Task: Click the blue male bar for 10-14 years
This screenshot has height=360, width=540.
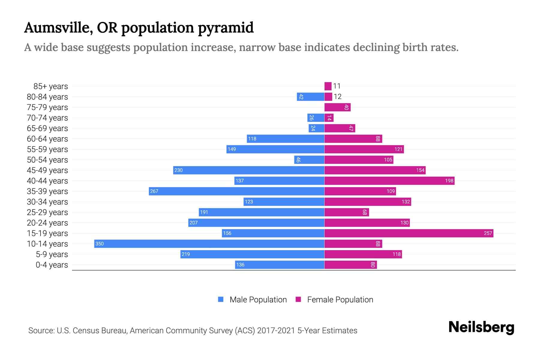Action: (x=209, y=244)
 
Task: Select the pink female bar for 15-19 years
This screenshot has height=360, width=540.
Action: (x=409, y=233)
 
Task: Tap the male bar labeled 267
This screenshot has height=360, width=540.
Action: (x=236, y=191)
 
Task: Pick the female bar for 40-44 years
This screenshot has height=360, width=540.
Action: (x=389, y=181)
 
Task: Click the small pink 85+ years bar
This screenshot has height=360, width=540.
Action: (x=328, y=86)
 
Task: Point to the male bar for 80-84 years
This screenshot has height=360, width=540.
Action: (x=310, y=97)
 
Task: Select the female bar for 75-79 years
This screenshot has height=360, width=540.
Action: (x=337, y=107)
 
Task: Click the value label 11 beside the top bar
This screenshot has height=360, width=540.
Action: (x=337, y=86)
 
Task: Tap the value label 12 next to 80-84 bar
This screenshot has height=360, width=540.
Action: (x=337, y=97)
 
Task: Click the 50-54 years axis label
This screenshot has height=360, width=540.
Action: (x=47, y=160)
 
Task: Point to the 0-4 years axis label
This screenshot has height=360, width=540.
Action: (x=52, y=265)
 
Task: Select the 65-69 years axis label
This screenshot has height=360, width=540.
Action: (x=47, y=128)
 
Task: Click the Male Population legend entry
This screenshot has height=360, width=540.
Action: (x=258, y=300)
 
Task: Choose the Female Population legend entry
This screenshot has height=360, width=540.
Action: (x=340, y=300)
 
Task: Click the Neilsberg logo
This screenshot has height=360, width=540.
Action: (x=481, y=327)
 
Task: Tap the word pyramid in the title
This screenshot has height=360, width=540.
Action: (x=225, y=28)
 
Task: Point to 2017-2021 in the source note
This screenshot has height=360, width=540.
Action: (x=276, y=331)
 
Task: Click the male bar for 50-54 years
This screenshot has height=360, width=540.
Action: (x=309, y=160)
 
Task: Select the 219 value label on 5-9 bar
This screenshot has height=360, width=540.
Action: (x=186, y=254)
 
